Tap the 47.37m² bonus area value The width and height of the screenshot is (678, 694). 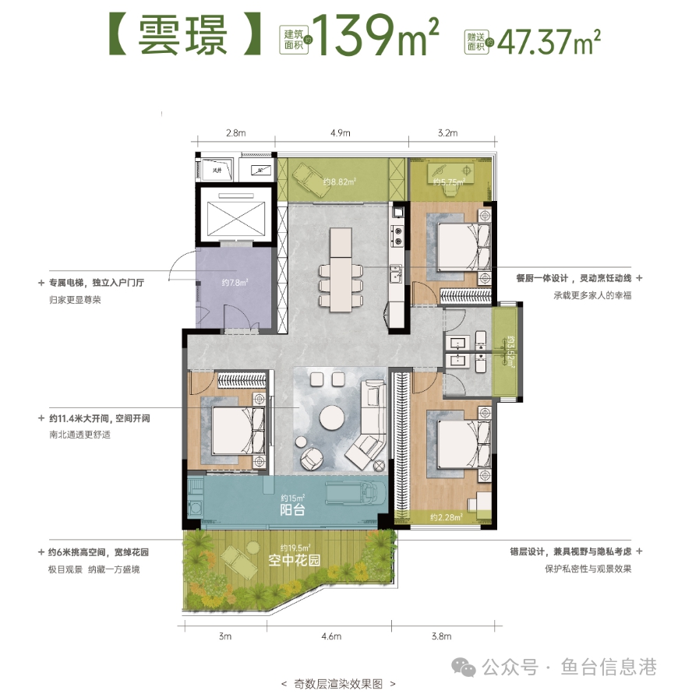pyautogui.click(x=546, y=37)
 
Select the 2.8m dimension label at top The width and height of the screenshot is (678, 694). pyautogui.click(x=236, y=133)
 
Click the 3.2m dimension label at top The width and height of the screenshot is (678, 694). pyautogui.click(x=448, y=133)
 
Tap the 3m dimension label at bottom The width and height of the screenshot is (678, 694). pyautogui.click(x=225, y=636)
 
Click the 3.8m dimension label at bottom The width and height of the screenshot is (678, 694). pyautogui.click(x=440, y=636)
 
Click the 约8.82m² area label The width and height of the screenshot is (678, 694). pyautogui.click(x=340, y=182)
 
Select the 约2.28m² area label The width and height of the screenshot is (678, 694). pyautogui.click(x=447, y=516)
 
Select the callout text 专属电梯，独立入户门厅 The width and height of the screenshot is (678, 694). pyautogui.click(x=97, y=282)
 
